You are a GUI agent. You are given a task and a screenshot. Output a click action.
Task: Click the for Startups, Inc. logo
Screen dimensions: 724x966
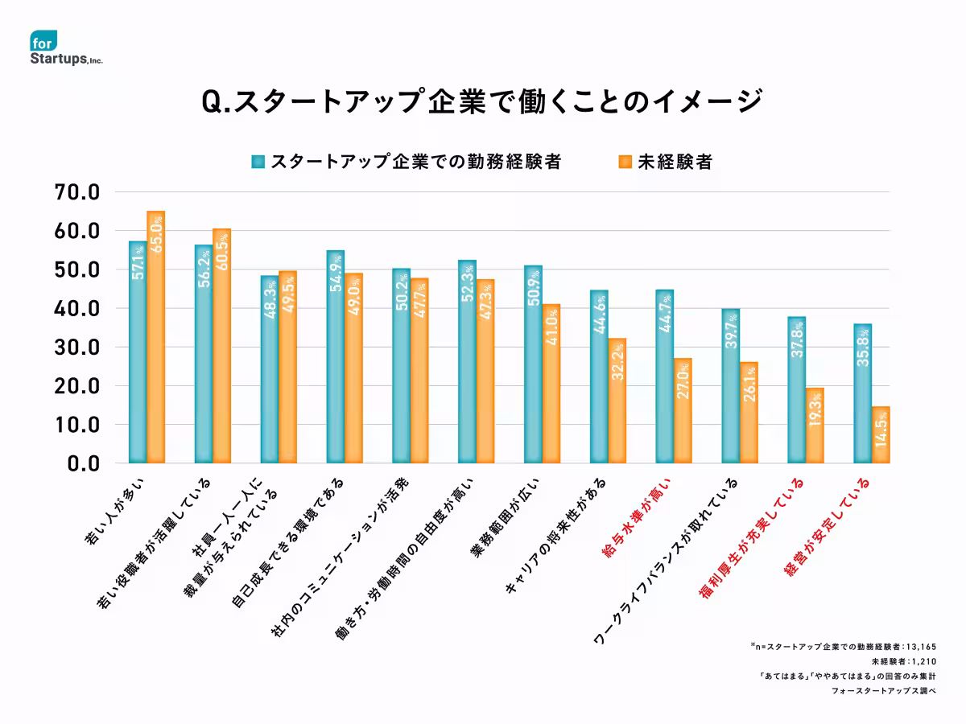(66, 50)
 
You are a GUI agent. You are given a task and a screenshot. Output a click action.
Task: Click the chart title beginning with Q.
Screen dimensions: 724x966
(481, 103)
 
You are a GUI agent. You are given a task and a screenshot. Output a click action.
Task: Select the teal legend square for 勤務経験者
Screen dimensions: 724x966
(258, 162)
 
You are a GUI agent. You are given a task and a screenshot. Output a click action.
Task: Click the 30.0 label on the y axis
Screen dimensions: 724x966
(76, 348)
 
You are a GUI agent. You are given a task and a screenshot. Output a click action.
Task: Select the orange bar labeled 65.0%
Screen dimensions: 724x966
(155, 337)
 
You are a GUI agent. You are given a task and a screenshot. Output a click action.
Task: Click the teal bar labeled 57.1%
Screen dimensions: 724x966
(138, 352)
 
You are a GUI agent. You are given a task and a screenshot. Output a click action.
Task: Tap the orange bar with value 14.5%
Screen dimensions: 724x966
(880, 435)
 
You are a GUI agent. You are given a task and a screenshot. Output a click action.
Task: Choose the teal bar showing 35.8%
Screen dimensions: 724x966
(862, 393)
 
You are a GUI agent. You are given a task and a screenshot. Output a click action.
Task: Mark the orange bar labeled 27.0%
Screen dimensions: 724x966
(683, 410)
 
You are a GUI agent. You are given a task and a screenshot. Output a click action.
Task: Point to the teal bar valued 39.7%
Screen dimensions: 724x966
(730, 386)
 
